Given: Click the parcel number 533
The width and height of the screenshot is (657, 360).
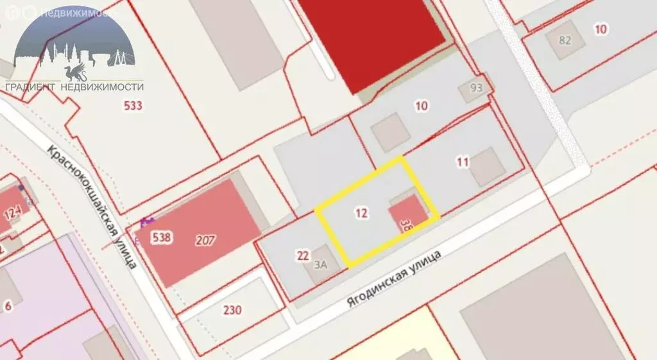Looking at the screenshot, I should [133, 106].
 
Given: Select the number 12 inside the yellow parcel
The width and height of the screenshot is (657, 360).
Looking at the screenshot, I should [361, 213].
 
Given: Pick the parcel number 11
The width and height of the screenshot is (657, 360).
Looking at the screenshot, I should [463, 162].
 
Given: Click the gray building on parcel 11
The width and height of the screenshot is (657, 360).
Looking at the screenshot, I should [488, 166].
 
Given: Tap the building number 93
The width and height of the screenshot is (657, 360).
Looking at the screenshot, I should [475, 89].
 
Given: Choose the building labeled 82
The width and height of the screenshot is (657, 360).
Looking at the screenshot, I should [565, 40].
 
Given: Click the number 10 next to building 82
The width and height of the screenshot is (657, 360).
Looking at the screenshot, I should [601, 28].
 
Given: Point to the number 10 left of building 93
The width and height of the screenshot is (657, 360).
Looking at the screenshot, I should [422, 106].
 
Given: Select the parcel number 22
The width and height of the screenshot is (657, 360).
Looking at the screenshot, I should [303, 255].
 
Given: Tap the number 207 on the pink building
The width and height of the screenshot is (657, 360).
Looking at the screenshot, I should [206, 241].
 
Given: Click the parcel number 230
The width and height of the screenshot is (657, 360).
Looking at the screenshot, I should [232, 311].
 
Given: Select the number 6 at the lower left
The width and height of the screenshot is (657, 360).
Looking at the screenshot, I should [8, 305].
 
